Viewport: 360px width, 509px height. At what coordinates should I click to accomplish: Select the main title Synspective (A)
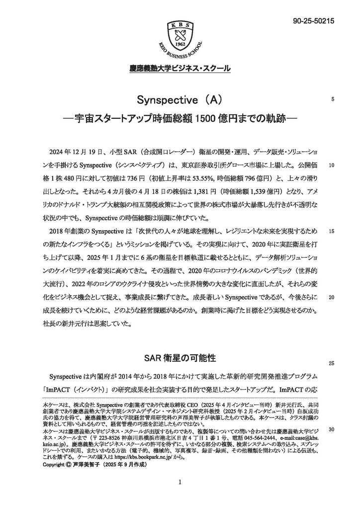click(180, 100)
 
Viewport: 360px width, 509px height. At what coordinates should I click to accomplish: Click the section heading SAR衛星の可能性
click(180, 357)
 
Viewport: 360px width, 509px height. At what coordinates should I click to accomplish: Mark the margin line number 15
click(331, 231)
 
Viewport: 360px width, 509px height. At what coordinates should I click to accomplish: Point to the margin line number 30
click(331, 429)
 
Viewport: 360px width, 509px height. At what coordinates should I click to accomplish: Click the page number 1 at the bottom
click(180, 482)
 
